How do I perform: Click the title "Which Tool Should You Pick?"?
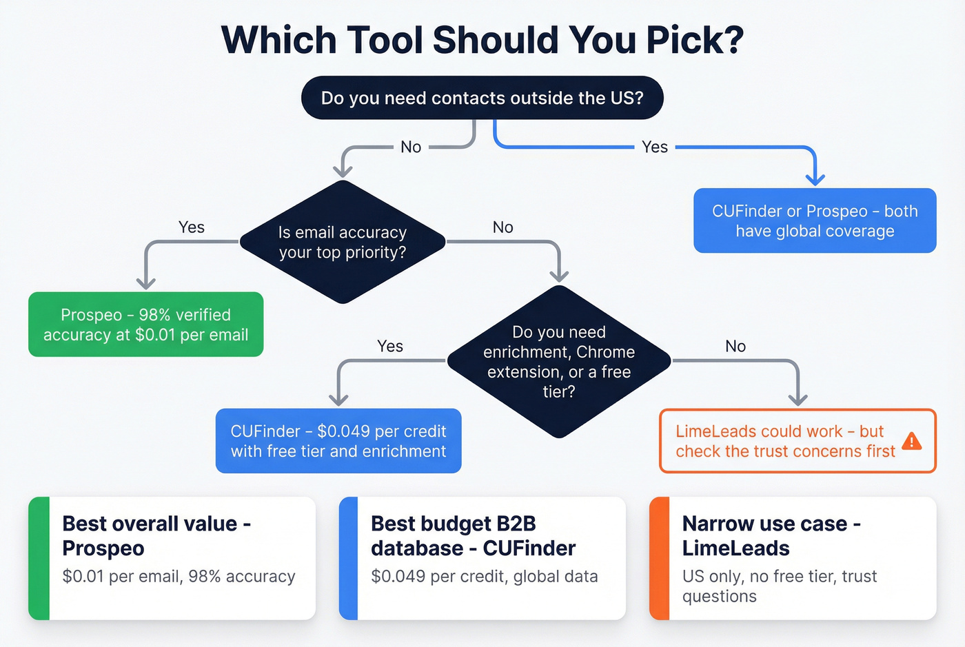click(482, 40)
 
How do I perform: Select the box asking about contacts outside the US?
click(482, 98)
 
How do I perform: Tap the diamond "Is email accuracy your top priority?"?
click(343, 242)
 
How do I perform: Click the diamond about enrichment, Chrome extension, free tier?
click(559, 362)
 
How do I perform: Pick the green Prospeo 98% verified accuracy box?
click(145, 325)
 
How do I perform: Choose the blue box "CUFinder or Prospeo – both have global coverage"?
click(815, 220)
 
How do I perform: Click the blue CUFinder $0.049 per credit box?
click(338, 441)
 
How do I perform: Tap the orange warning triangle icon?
click(911, 441)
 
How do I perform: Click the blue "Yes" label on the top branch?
click(654, 147)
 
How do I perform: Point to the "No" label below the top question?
click(411, 147)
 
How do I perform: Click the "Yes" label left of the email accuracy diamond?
click(191, 227)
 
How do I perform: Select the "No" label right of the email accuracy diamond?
click(502, 227)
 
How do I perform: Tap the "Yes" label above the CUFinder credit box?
click(390, 346)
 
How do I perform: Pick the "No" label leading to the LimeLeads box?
click(735, 346)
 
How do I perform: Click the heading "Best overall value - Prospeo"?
click(156, 535)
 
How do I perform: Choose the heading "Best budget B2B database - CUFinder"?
click(473, 535)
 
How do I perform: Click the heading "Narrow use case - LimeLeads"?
click(771, 535)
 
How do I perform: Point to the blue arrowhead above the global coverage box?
click(815, 178)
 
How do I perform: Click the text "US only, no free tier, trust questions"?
click(780, 586)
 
